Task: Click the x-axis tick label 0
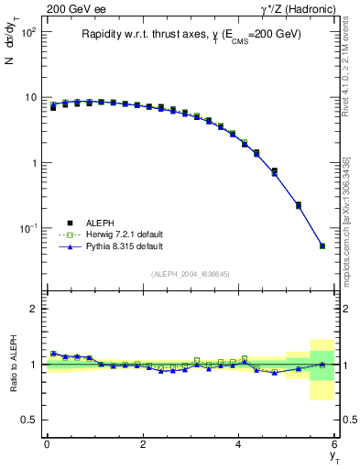point(47,444)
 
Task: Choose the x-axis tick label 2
point(143,444)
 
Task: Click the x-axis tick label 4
point(239,444)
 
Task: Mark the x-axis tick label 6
point(335,444)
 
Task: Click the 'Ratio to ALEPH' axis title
point(13,365)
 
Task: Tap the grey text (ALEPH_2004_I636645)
point(191,274)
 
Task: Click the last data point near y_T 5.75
point(322,245)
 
